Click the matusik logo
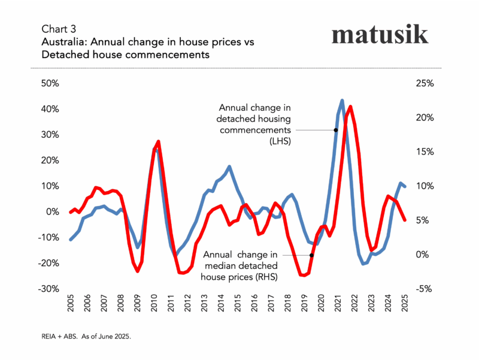point(380,34)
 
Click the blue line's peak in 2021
point(342,101)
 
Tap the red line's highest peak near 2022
point(350,107)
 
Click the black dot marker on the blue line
point(336,130)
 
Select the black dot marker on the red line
point(311,255)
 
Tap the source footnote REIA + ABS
point(85,337)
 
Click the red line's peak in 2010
point(158,141)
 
